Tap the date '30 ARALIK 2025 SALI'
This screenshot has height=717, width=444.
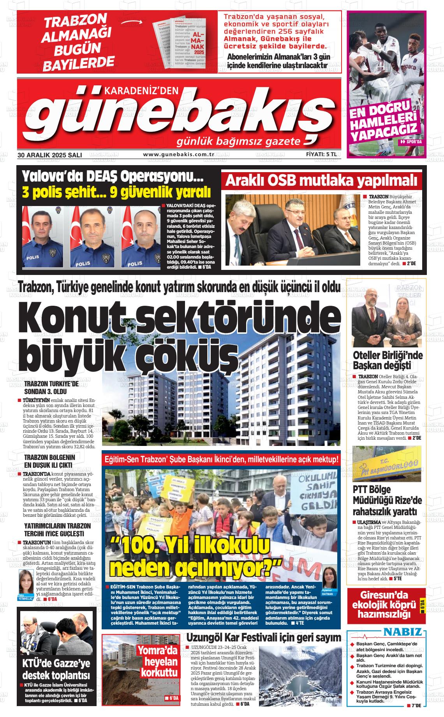point(49,155)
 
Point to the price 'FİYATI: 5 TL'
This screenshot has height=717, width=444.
point(321,155)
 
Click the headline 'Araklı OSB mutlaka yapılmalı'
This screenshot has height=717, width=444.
point(321,181)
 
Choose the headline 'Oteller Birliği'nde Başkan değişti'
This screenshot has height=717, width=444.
point(387,360)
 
